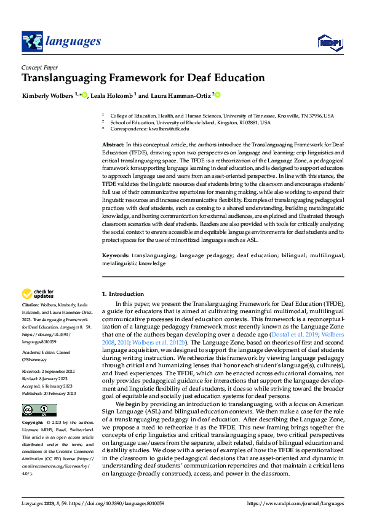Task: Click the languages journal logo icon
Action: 32,41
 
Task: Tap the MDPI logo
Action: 328,42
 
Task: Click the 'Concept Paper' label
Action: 40,67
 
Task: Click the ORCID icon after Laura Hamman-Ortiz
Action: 217,95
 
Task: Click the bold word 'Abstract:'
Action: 113,143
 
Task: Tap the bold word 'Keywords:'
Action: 115,254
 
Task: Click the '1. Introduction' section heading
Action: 123,294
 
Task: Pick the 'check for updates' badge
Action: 38,294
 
